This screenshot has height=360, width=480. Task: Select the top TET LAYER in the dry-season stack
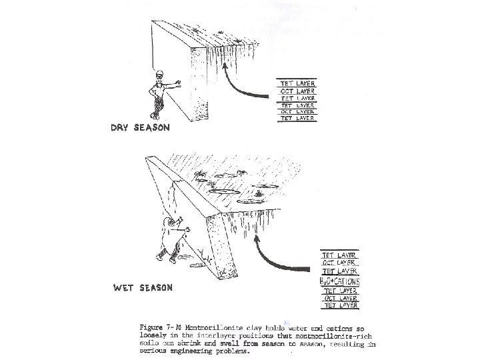pos(297,84)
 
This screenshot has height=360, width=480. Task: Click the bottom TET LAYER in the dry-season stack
pos(297,118)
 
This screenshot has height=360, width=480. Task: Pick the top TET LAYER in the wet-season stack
pos(341,255)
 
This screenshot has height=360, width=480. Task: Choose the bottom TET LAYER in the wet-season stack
pos(341,306)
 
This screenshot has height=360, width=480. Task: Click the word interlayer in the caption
pos(208,335)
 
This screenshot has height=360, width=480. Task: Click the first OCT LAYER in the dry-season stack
pos(297,91)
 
